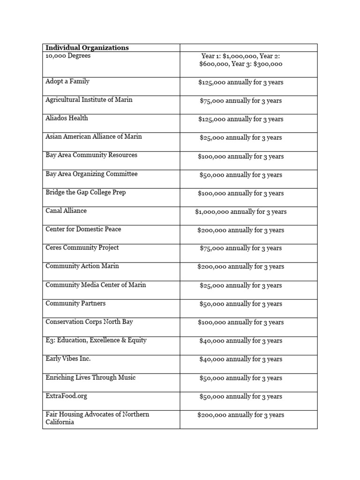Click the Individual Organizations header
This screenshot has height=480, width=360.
click(x=87, y=48)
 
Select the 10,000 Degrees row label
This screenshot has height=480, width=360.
click(x=68, y=56)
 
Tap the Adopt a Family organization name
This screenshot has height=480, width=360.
click(x=67, y=82)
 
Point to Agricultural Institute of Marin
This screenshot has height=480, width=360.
click(x=89, y=100)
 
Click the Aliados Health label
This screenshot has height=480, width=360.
click(x=67, y=118)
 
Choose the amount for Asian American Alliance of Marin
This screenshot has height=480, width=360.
click(x=240, y=138)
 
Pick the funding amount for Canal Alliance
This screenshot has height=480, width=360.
click(x=240, y=212)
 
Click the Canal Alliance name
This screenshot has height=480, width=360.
click(x=66, y=211)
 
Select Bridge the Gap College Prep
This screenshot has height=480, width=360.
click(x=86, y=192)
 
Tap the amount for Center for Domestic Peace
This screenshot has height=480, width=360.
click(x=240, y=230)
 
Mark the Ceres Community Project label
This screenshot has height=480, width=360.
click(x=82, y=247)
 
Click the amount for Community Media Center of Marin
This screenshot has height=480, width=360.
click(x=240, y=285)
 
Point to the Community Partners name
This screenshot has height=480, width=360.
click(x=75, y=303)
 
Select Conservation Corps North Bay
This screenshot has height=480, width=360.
click(x=90, y=322)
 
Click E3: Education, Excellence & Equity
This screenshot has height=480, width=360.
click(x=96, y=340)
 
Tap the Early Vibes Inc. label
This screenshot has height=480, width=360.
click(x=68, y=359)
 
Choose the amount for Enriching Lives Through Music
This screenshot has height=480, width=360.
click(x=240, y=378)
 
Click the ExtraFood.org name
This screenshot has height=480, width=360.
click(x=66, y=396)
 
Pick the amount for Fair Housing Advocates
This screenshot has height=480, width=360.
click(x=240, y=415)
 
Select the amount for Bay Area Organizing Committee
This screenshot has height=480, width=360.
click(x=240, y=175)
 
